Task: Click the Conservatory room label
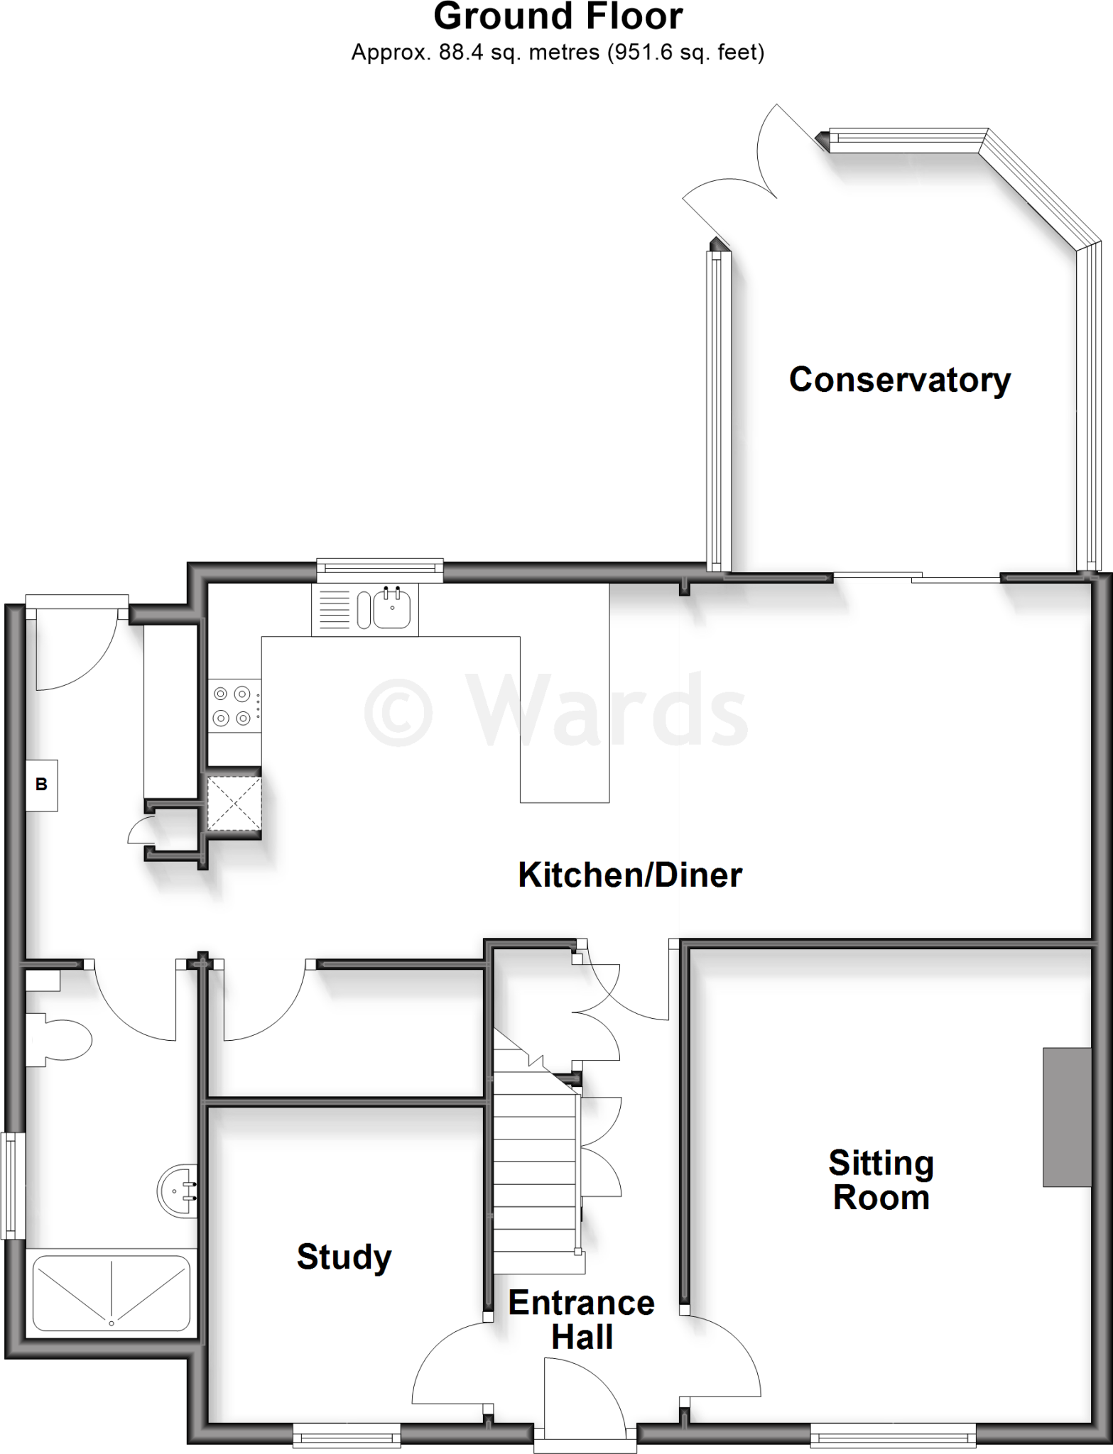899,380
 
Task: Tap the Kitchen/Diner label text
630,875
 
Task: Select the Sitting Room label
881,1180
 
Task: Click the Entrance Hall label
581,1320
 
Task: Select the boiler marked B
41,785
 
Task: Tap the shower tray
111,1293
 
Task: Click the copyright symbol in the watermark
398,709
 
